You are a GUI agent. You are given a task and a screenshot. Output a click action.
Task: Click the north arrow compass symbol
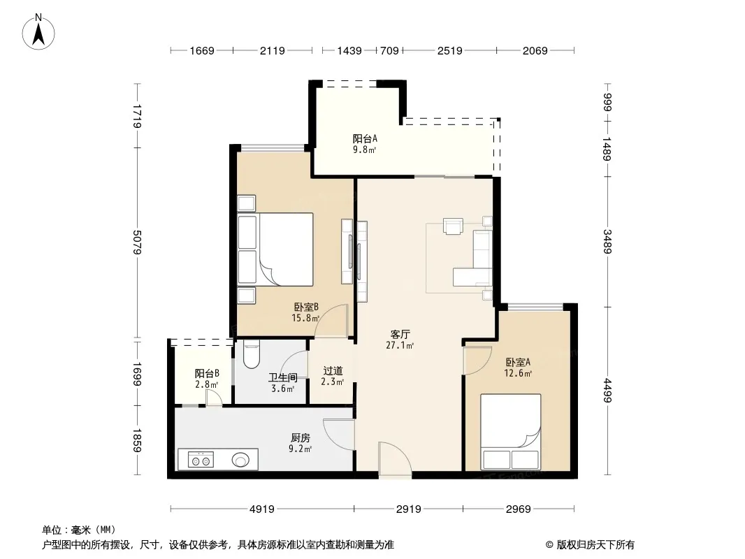[x=38, y=32]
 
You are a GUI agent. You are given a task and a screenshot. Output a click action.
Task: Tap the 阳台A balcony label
[x=365, y=138]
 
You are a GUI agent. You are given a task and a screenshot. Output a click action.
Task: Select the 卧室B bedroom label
[x=306, y=307]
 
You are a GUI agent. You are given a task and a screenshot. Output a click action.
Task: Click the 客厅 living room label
[x=400, y=335]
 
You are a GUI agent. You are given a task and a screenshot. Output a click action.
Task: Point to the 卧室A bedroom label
[x=518, y=362]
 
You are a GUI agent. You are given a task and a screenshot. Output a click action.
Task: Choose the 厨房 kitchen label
[x=301, y=437]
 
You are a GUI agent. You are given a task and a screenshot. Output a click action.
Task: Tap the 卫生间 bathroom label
[x=283, y=377]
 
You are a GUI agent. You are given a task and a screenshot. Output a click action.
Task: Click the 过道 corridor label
[x=333, y=370]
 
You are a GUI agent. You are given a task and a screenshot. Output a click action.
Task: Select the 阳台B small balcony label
[x=207, y=373]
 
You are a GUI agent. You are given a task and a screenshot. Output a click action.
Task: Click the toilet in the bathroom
[x=251, y=354]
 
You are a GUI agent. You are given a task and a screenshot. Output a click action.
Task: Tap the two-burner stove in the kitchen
[x=201, y=460]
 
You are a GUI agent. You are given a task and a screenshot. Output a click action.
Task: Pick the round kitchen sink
[x=240, y=460]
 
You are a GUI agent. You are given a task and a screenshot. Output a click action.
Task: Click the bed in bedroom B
[x=275, y=249]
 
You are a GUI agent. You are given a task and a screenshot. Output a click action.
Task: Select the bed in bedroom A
[x=510, y=432]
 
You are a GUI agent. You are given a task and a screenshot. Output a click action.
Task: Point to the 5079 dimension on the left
[x=137, y=242]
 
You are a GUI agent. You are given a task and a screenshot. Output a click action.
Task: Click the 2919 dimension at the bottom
[x=409, y=509]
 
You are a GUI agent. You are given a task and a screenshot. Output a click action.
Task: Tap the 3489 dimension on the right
[x=607, y=241]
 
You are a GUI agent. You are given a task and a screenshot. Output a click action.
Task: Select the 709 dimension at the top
[x=389, y=50]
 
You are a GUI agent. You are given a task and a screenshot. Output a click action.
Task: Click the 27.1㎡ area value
[x=400, y=345]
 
